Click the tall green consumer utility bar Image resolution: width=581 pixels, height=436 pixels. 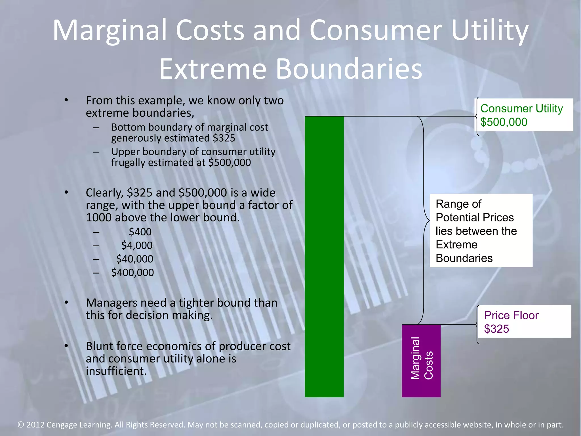[x=324, y=255]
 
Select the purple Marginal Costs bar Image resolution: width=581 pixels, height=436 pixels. [x=421, y=360]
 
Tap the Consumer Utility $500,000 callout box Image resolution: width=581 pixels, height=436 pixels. [x=524, y=115]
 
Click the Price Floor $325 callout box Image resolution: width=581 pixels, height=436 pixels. [x=524, y=322]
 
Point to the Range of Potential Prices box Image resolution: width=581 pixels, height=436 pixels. [x=481, y=230]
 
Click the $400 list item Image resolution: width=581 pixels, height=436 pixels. [x=140, y=232]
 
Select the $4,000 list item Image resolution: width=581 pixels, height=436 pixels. [x=137, y=245]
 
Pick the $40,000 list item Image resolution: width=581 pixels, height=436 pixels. [x=134, y=259]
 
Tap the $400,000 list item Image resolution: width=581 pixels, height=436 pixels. [x=132, y=272]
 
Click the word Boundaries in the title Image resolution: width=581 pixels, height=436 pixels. [x=349, y=69]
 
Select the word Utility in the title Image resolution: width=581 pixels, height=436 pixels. [x=490, y=30]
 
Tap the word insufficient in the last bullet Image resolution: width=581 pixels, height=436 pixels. [x=116, y=371]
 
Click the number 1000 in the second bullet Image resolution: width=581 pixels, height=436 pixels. [x=99, y=217]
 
